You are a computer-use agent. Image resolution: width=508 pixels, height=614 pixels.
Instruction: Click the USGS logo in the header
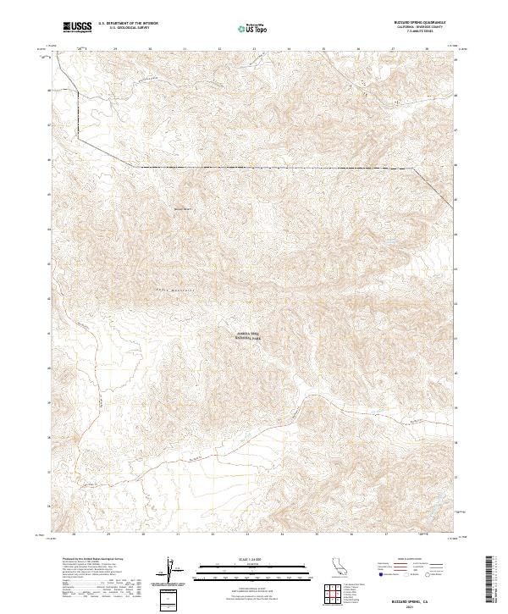click(78, 27)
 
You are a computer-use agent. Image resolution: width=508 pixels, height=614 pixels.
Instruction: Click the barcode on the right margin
click(489, 580)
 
